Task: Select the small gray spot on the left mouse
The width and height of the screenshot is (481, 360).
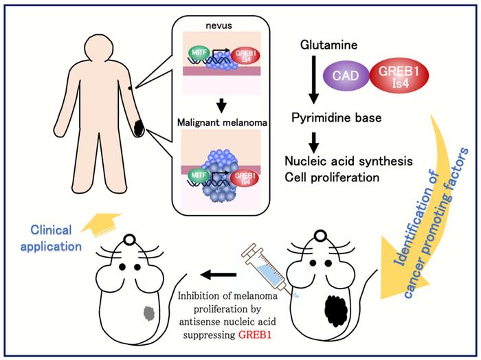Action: point(148,316)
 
